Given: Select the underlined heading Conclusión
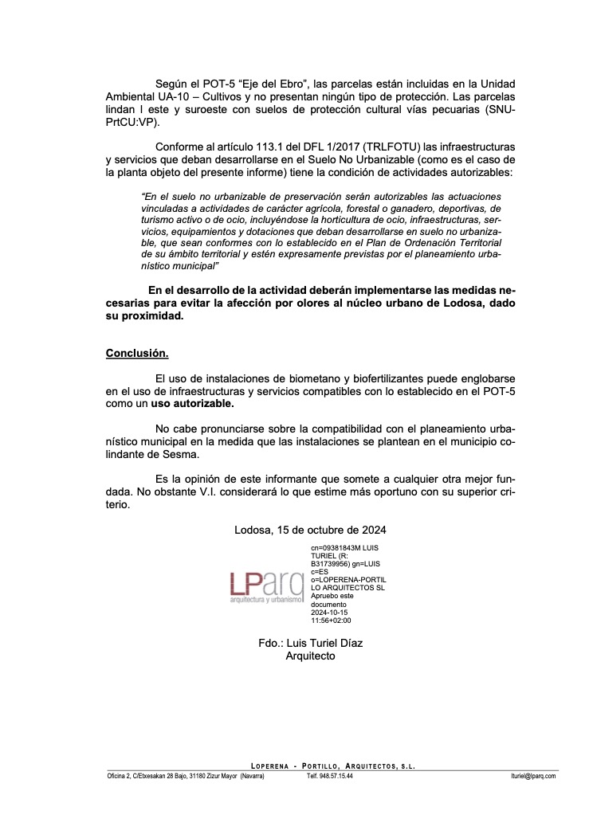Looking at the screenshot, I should pyautogui.click(x=137, y=352).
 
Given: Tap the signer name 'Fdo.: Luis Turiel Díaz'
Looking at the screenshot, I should pyautogui.click(x=312, y=643).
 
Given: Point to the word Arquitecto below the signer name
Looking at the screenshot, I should pyautogui.click(x=311, y=656).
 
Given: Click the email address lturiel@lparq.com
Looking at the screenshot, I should pyautogui.click(x=534, y=776).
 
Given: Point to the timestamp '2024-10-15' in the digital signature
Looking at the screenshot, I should pyautogui.click(x=330, y=613).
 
